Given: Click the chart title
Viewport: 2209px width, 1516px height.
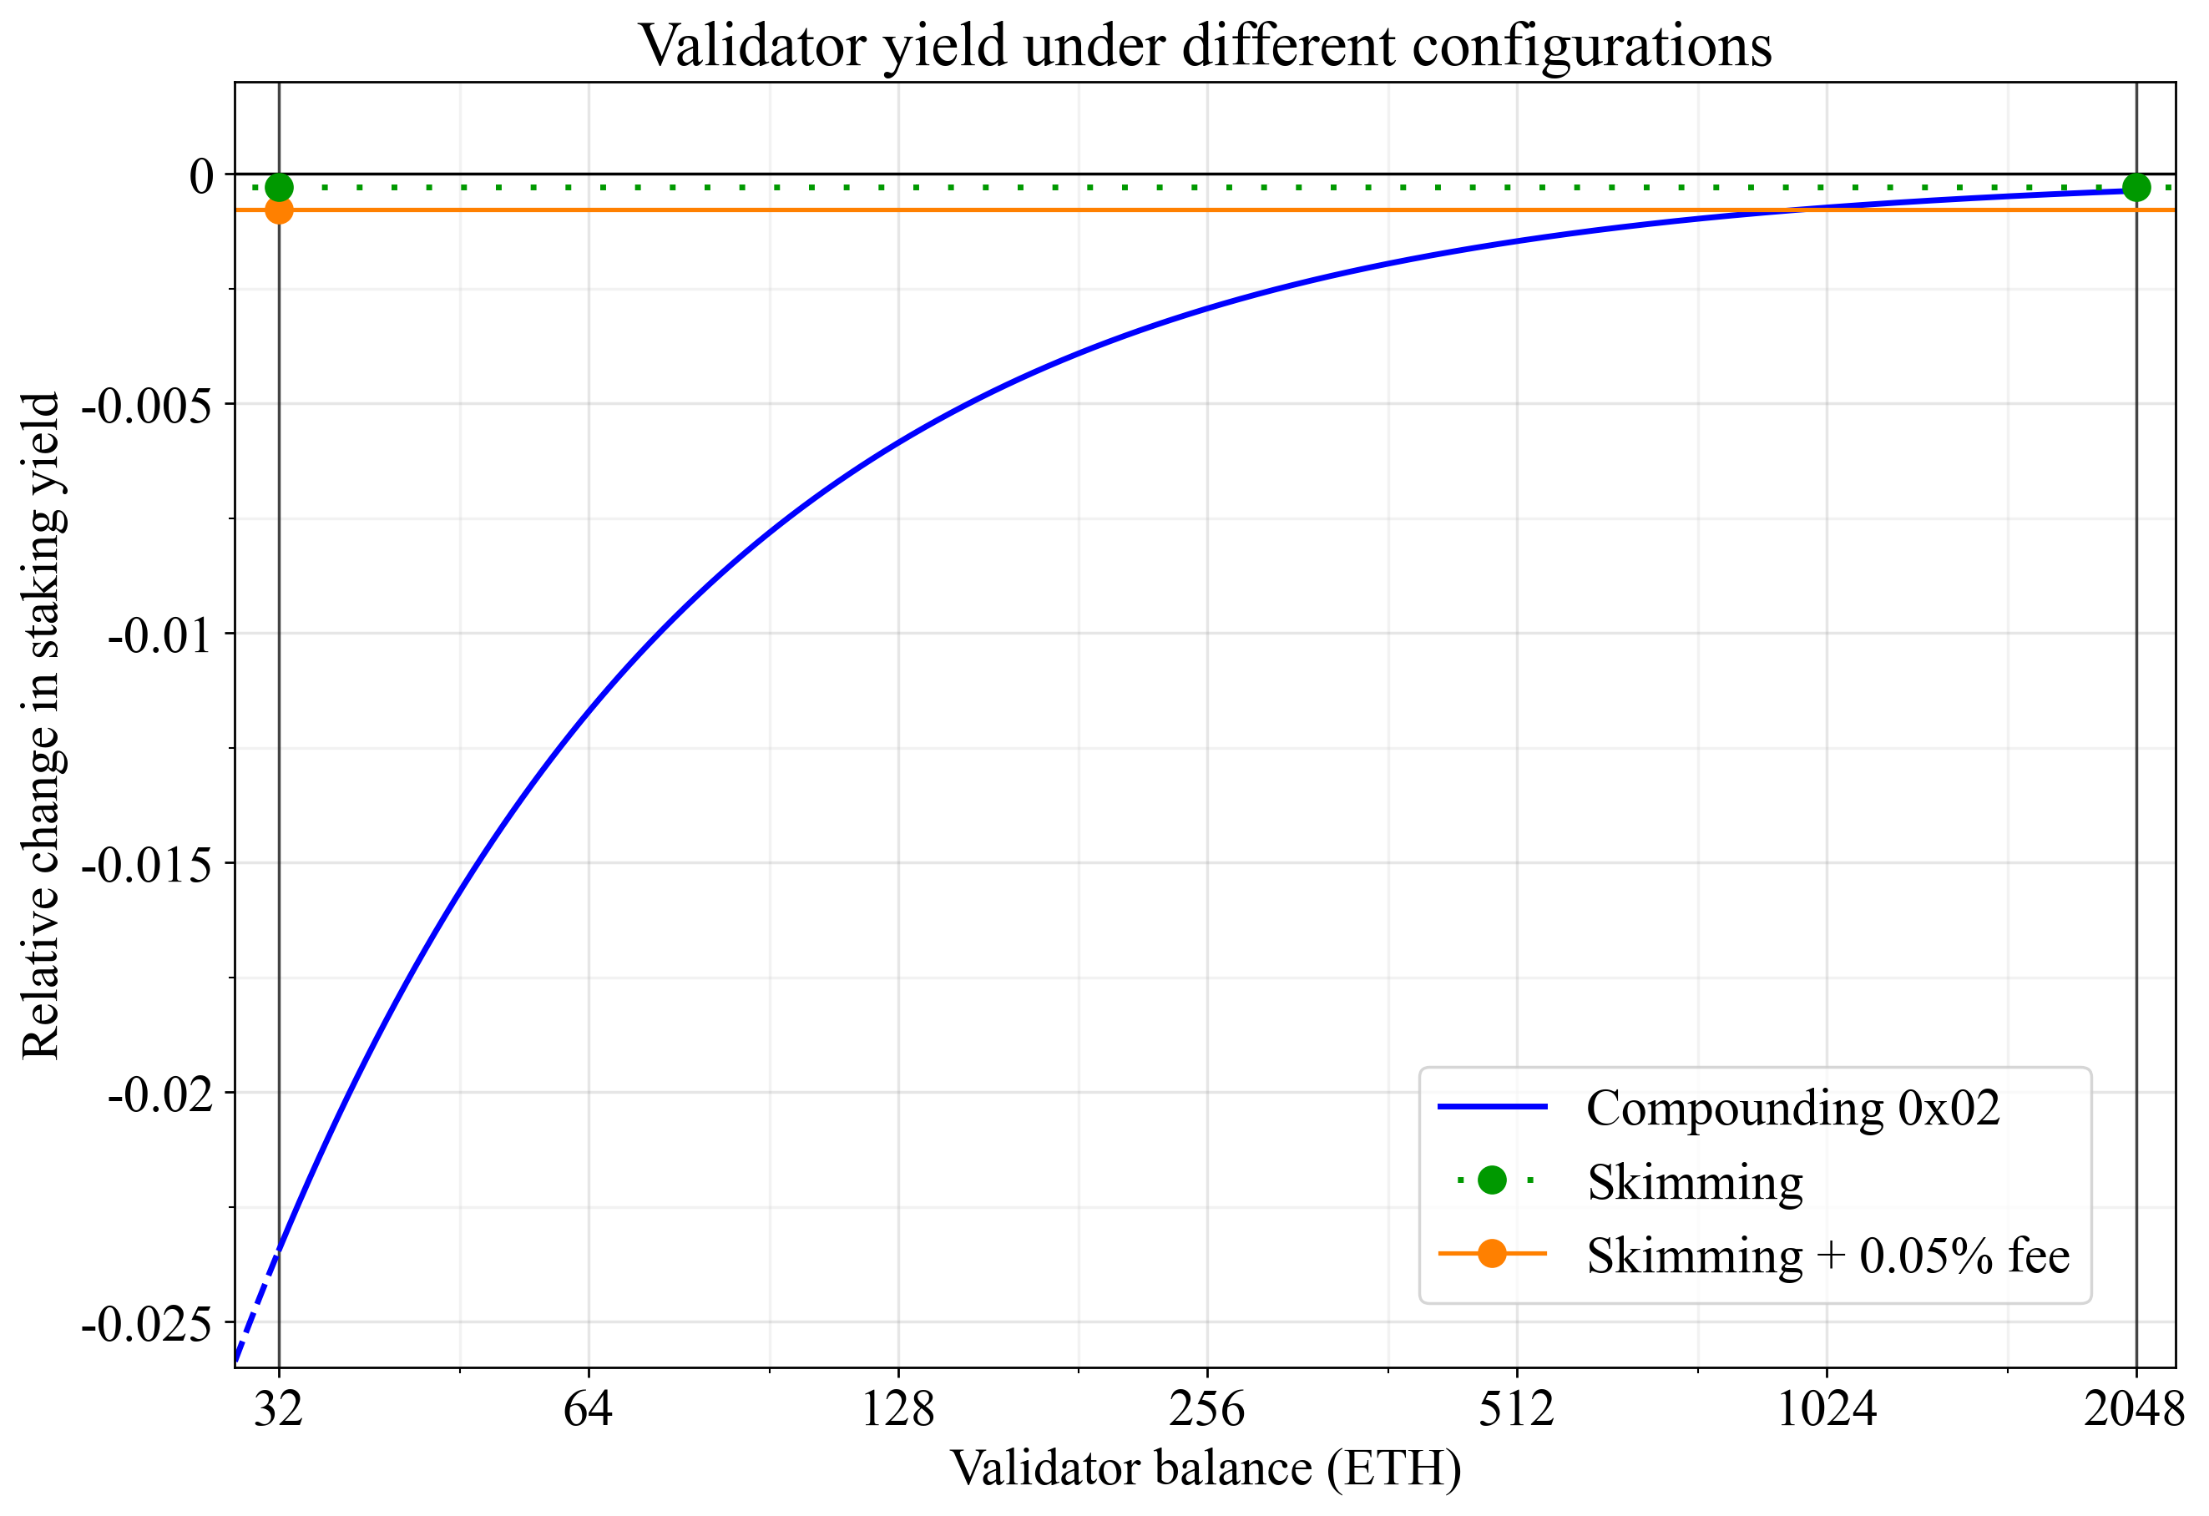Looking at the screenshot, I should point(1205,46).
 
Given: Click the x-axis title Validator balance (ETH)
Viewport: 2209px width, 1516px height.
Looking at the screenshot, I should point(1206,1468).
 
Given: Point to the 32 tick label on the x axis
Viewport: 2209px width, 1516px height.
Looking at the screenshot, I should point(279,1408).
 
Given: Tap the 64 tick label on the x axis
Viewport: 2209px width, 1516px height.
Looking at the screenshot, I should point(588,1408).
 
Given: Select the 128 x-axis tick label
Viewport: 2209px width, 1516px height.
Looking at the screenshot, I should point(897,1408).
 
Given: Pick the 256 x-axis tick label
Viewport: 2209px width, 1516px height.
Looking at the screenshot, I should point(1206,1408).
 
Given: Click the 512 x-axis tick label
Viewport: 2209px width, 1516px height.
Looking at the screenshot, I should point(1516,1408).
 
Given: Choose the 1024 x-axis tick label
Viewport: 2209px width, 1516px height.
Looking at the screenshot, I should point(1826,1408).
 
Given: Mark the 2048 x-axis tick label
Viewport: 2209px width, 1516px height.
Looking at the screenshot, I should point(2135,1408).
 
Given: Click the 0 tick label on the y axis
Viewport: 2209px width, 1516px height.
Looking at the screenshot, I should point(201,176).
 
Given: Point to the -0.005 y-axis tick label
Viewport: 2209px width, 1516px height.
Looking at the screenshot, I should point(147,406).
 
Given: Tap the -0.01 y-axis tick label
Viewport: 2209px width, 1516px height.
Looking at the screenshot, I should point(159,635).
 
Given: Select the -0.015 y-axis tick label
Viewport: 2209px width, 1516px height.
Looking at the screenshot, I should point(147,865).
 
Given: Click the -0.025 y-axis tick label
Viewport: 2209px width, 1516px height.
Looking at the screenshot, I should point(147,1324).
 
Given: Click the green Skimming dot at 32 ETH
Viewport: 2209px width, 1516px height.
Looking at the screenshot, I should point(279,187).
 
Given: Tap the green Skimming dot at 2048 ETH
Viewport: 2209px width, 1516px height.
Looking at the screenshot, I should point(2136,187).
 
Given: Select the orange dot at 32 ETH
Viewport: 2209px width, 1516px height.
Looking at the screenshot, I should point(279,210).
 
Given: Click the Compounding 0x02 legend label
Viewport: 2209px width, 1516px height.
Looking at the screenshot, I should point(1792,1109).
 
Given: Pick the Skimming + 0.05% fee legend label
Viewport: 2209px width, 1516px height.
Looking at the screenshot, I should point(1827,1256).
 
